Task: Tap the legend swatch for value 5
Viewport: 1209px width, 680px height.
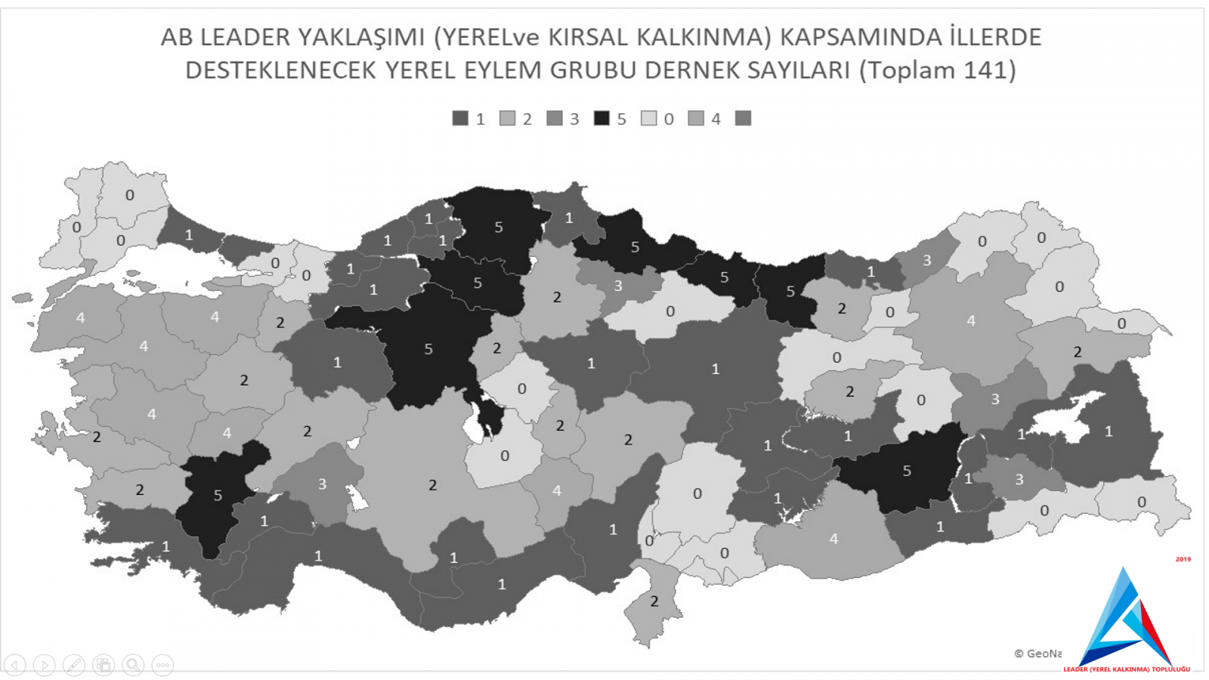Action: click(601, 119)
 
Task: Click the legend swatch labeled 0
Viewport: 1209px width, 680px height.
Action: click(648, 119)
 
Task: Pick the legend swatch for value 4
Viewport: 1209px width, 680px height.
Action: click(696, 119)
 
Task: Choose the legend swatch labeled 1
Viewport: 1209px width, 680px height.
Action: click(460, 119)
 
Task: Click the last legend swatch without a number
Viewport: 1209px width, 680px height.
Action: click(744, 119)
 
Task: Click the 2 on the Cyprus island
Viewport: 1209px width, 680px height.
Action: click(654, 601)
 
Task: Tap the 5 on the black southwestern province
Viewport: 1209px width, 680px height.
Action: click(218, 496)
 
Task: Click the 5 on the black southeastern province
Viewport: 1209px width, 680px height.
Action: click(907, 471)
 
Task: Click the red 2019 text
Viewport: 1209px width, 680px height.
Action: click(1183, 559)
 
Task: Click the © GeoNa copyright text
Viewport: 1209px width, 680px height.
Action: click(1037, 654)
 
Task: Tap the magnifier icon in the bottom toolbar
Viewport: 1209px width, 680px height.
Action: click(133, 665)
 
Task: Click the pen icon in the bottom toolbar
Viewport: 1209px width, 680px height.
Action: click(73, 665)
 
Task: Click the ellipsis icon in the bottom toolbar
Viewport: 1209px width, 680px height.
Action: click(162, 665)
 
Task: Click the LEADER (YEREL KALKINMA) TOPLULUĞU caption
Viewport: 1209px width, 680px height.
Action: click(1126, 669)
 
